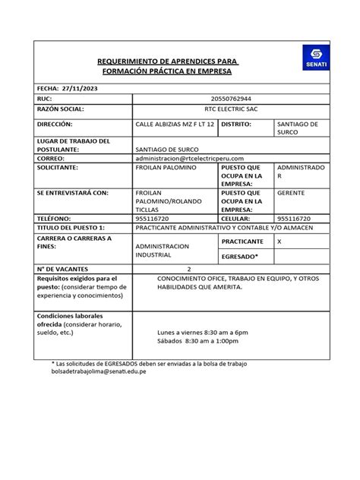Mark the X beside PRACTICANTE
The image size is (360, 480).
point(279,241)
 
